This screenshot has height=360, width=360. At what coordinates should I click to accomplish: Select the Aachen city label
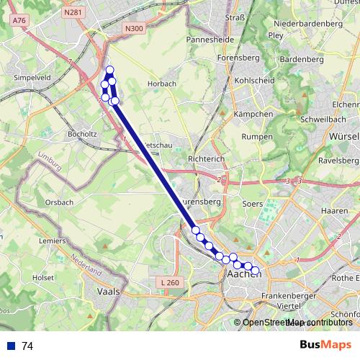[243, 274]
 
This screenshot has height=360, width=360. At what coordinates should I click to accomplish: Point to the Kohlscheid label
[254, 81]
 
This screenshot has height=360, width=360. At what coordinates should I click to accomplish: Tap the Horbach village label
[161, 84]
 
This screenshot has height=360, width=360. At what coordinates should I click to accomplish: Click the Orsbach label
[58, 202]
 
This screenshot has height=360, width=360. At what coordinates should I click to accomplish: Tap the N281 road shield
[71, 12]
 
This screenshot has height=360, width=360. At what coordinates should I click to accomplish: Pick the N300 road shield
[133, 28]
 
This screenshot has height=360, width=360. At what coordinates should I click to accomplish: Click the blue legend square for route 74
[10, 346]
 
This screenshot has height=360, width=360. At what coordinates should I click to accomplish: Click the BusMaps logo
[326, 345]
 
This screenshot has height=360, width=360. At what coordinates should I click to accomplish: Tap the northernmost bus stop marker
[110, 70]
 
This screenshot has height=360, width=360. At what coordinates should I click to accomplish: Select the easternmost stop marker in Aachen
[255, 271]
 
